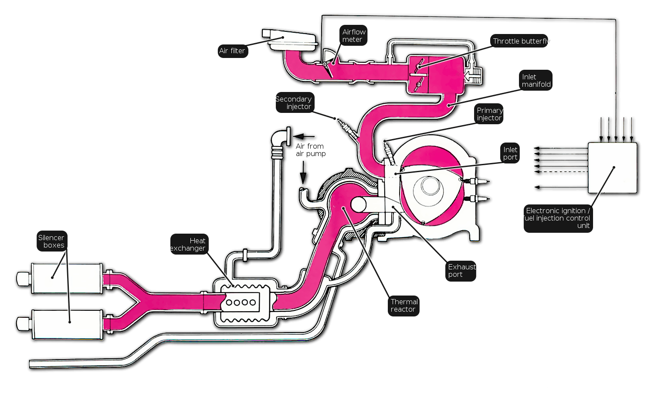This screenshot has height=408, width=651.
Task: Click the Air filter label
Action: (x=233, y=51)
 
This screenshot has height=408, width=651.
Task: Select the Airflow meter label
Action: (x=353, y=35)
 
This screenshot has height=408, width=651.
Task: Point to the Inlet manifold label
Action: (x=536, y=80)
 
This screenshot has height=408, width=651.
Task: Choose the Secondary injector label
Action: (x=295, y=103)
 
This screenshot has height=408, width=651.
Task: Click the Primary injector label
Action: (x=489, y=114)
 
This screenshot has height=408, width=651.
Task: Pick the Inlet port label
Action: (x=510, y=153)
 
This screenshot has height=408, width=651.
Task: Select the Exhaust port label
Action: (x=461, y=271)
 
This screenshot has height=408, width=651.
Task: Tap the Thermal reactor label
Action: (x=403, y=306)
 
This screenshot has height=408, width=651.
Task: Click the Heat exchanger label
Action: (x=189, y=244)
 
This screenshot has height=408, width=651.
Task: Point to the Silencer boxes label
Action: (x=52, y=241)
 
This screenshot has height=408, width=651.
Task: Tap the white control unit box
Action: (x=612, y=168)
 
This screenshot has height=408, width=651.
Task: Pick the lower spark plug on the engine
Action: (x=476, y=199)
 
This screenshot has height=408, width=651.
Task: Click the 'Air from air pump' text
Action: (x=310, y=150)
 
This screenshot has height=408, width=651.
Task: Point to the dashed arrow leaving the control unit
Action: (x=561, y=172)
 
